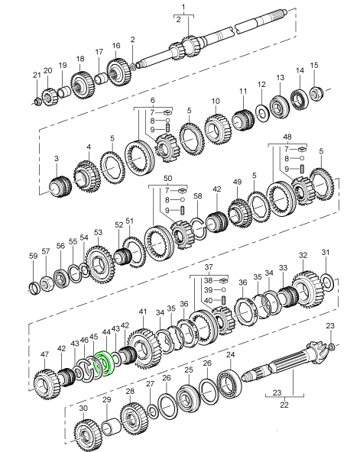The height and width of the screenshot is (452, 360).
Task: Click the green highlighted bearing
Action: click(105, 363)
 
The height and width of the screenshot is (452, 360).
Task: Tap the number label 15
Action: click(314, 65)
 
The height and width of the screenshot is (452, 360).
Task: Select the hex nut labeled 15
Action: click(316, 93)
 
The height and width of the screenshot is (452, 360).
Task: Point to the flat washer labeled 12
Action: click(262, 113)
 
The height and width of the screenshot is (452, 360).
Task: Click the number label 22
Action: click(284, 405)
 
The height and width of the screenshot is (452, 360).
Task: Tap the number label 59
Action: click(34, 256)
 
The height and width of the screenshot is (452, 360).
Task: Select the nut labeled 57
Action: click(46, 283)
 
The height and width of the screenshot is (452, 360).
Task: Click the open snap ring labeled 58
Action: click(199, 229)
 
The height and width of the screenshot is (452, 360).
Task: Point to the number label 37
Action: click(209, 267)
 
